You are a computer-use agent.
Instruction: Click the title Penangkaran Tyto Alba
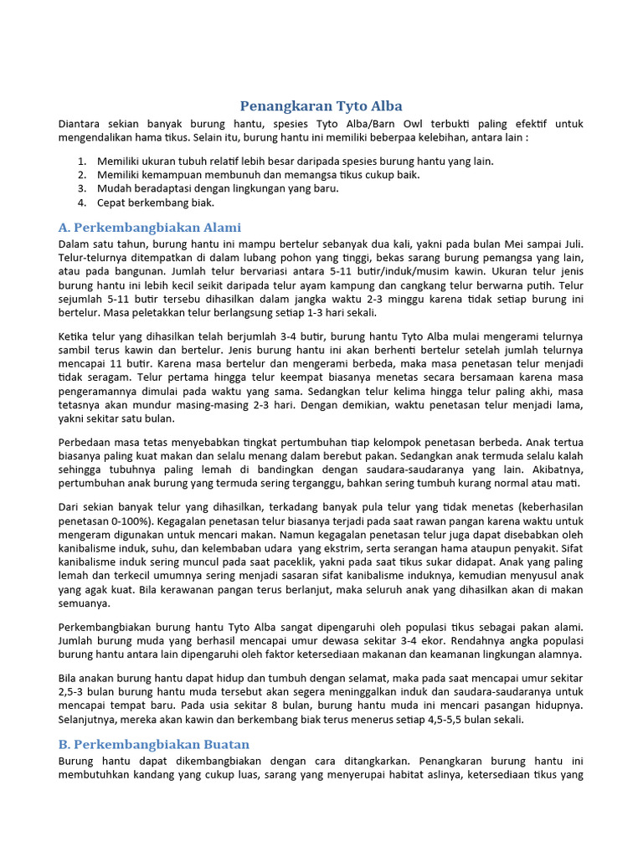[x=321, y=105]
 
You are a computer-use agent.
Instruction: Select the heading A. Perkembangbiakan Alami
[x=149, y=227]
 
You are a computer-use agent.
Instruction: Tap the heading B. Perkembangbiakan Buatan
[x=153, y=744]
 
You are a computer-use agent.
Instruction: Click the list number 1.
[x=82, y=161]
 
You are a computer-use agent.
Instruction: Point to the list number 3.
[x=82, y=188]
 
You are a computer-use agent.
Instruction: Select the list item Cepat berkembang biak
[x=156, y=203]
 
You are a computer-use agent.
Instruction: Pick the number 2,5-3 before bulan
[x=75, y=693]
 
